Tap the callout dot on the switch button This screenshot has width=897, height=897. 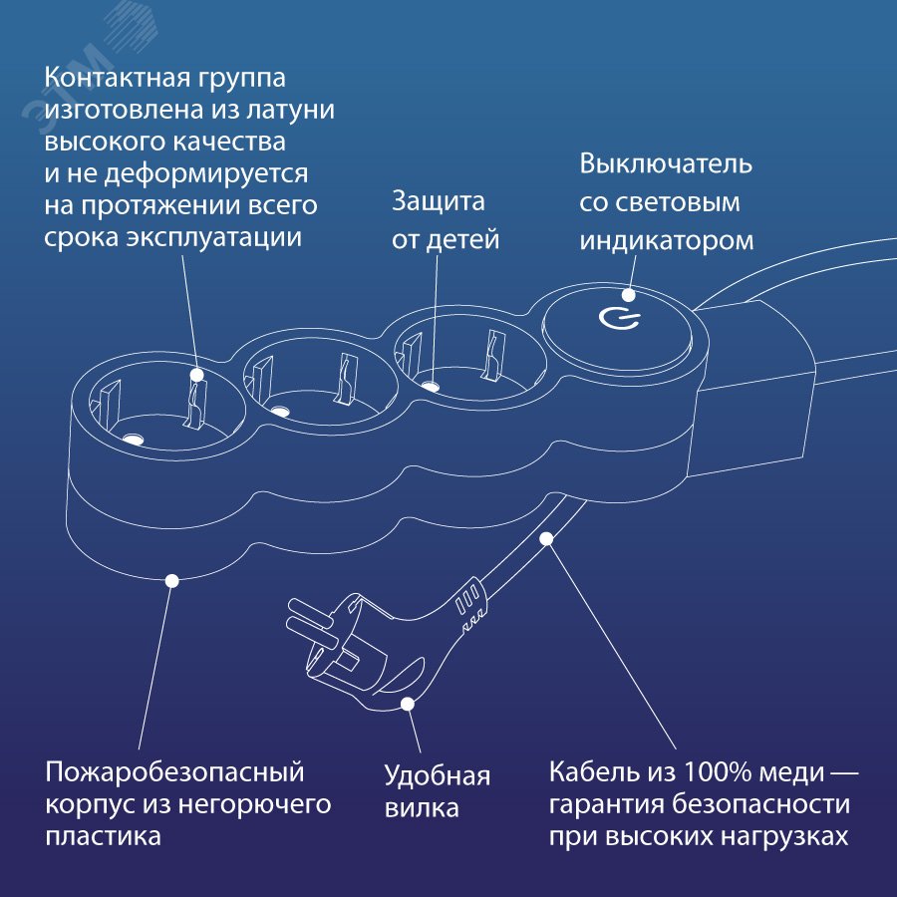[x=629, y=294]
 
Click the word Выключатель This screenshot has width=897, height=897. [x=666, y=163]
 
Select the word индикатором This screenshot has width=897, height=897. [x=667, y=241]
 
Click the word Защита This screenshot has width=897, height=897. [x=438, y=201]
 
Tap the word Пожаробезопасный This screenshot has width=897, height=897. [x=174, y=772]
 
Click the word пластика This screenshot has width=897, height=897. [x=103, y=836]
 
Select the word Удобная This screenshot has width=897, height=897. [x=438, y=776]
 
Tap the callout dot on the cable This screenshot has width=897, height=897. [x=546, y=539]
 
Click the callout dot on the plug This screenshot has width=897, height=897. [x=407, y=705]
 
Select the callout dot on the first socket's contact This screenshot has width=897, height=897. [x=196, y=376]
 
